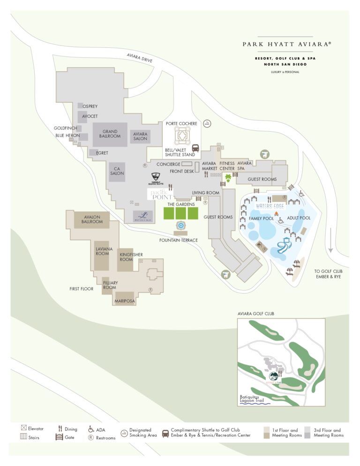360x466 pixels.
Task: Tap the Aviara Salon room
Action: [x=140, y=136]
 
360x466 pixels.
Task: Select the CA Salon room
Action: [x=117, y=171]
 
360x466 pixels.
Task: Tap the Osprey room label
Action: [x=90, y=106]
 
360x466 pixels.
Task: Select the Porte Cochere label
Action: [x=181, y=124]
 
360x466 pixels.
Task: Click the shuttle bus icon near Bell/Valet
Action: [x=195, y=148]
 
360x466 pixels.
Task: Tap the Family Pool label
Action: [x=261, y=218]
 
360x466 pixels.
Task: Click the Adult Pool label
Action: [x=298, y=218]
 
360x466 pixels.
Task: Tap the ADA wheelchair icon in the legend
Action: [x=91, y=428]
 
